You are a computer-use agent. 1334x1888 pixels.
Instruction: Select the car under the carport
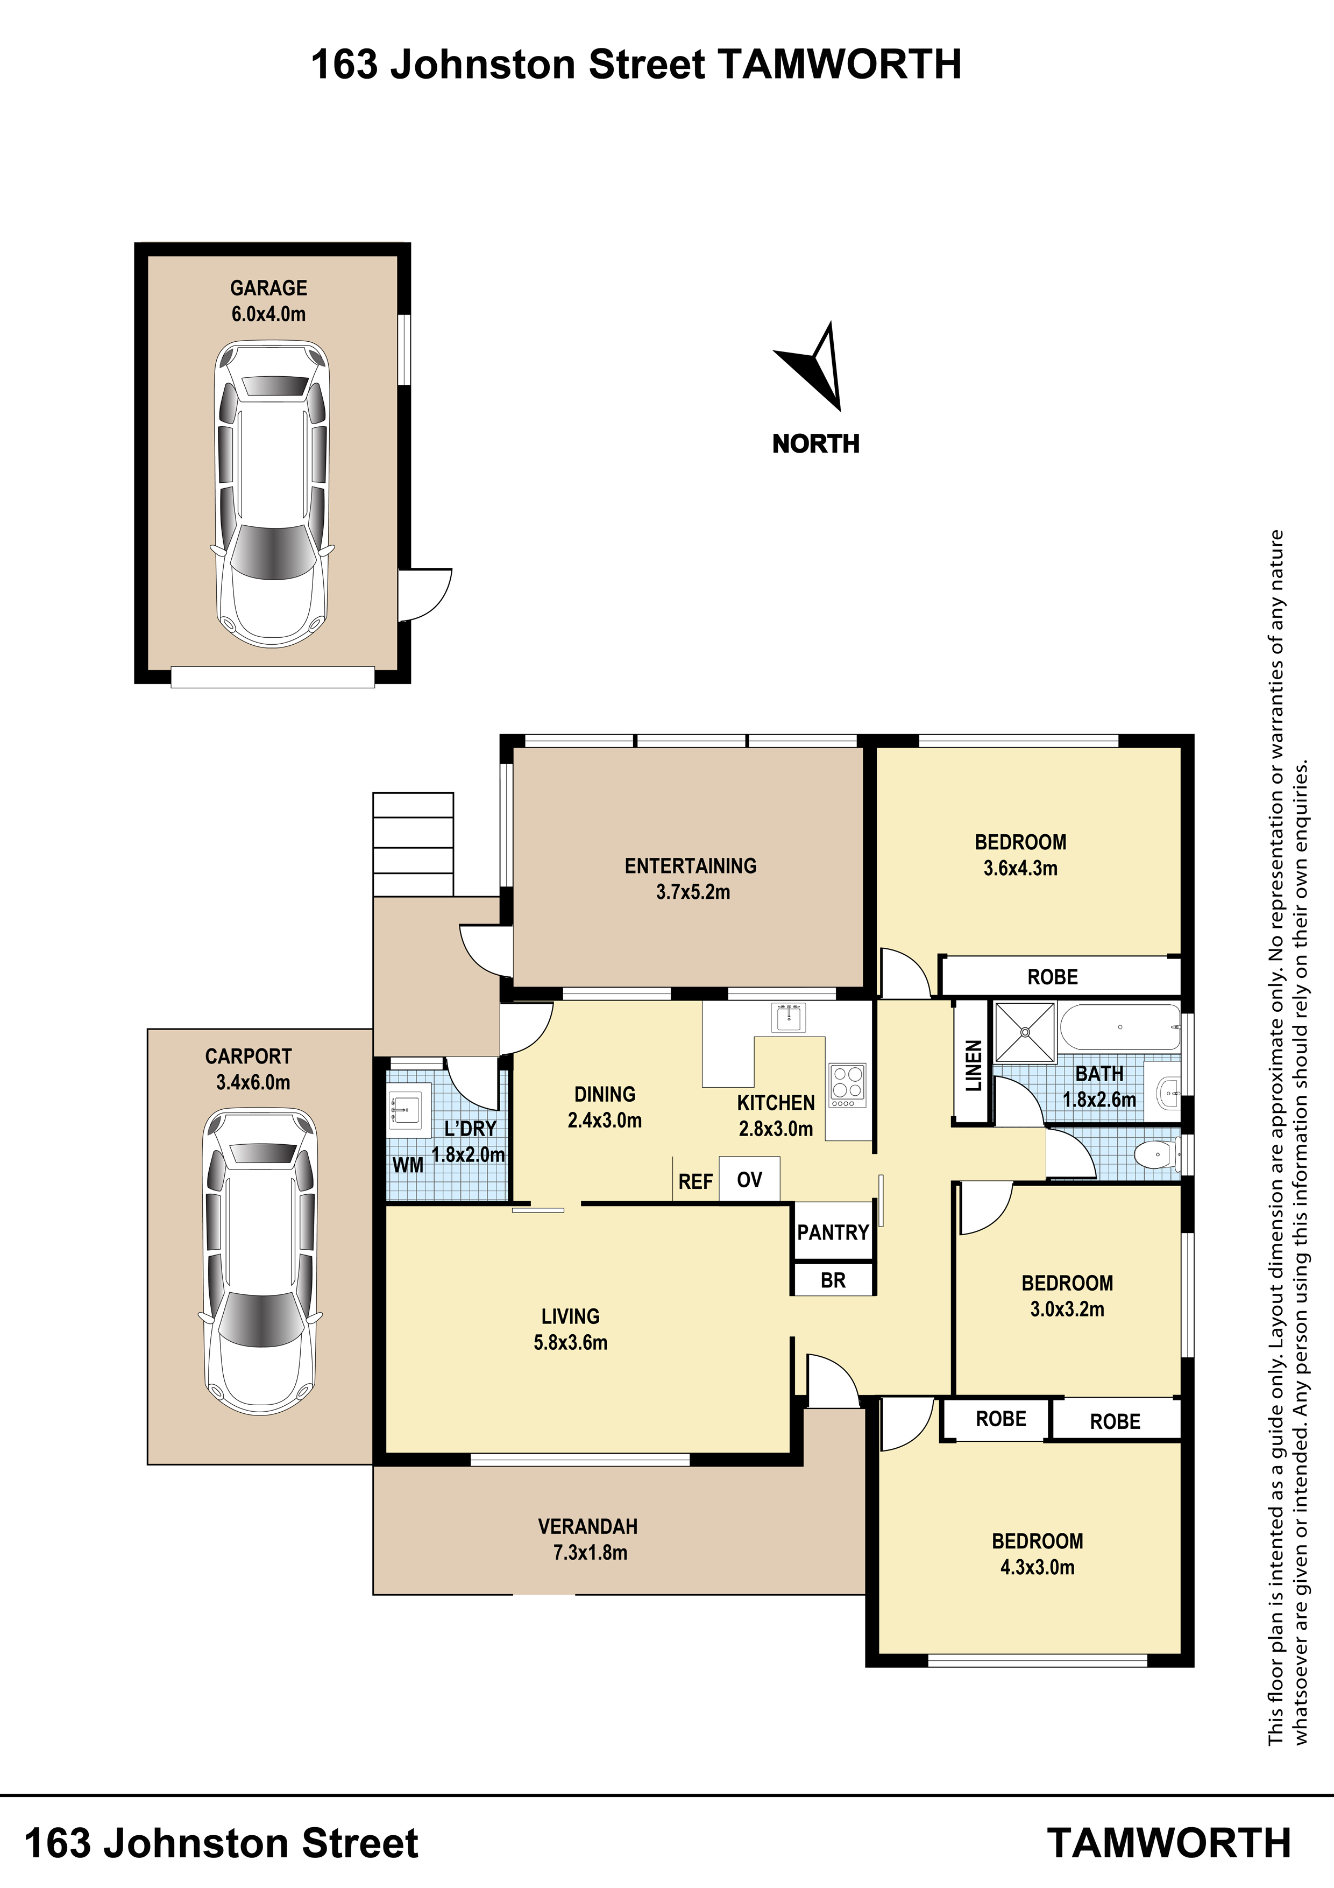tap(260, 1262)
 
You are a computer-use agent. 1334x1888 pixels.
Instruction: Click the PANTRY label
tap(833, 1232)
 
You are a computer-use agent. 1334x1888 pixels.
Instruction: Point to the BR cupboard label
tap(833, 1280)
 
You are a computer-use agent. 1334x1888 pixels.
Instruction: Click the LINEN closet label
tap(973, 1066)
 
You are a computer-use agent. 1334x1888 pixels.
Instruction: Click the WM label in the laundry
tap(408, 1165)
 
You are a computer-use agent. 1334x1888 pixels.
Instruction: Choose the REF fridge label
tap(696, 1182)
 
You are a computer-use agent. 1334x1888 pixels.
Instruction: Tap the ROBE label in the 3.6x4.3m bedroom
tap(1052, 977)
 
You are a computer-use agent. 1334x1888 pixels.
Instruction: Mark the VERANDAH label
tap(588, 1527)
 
